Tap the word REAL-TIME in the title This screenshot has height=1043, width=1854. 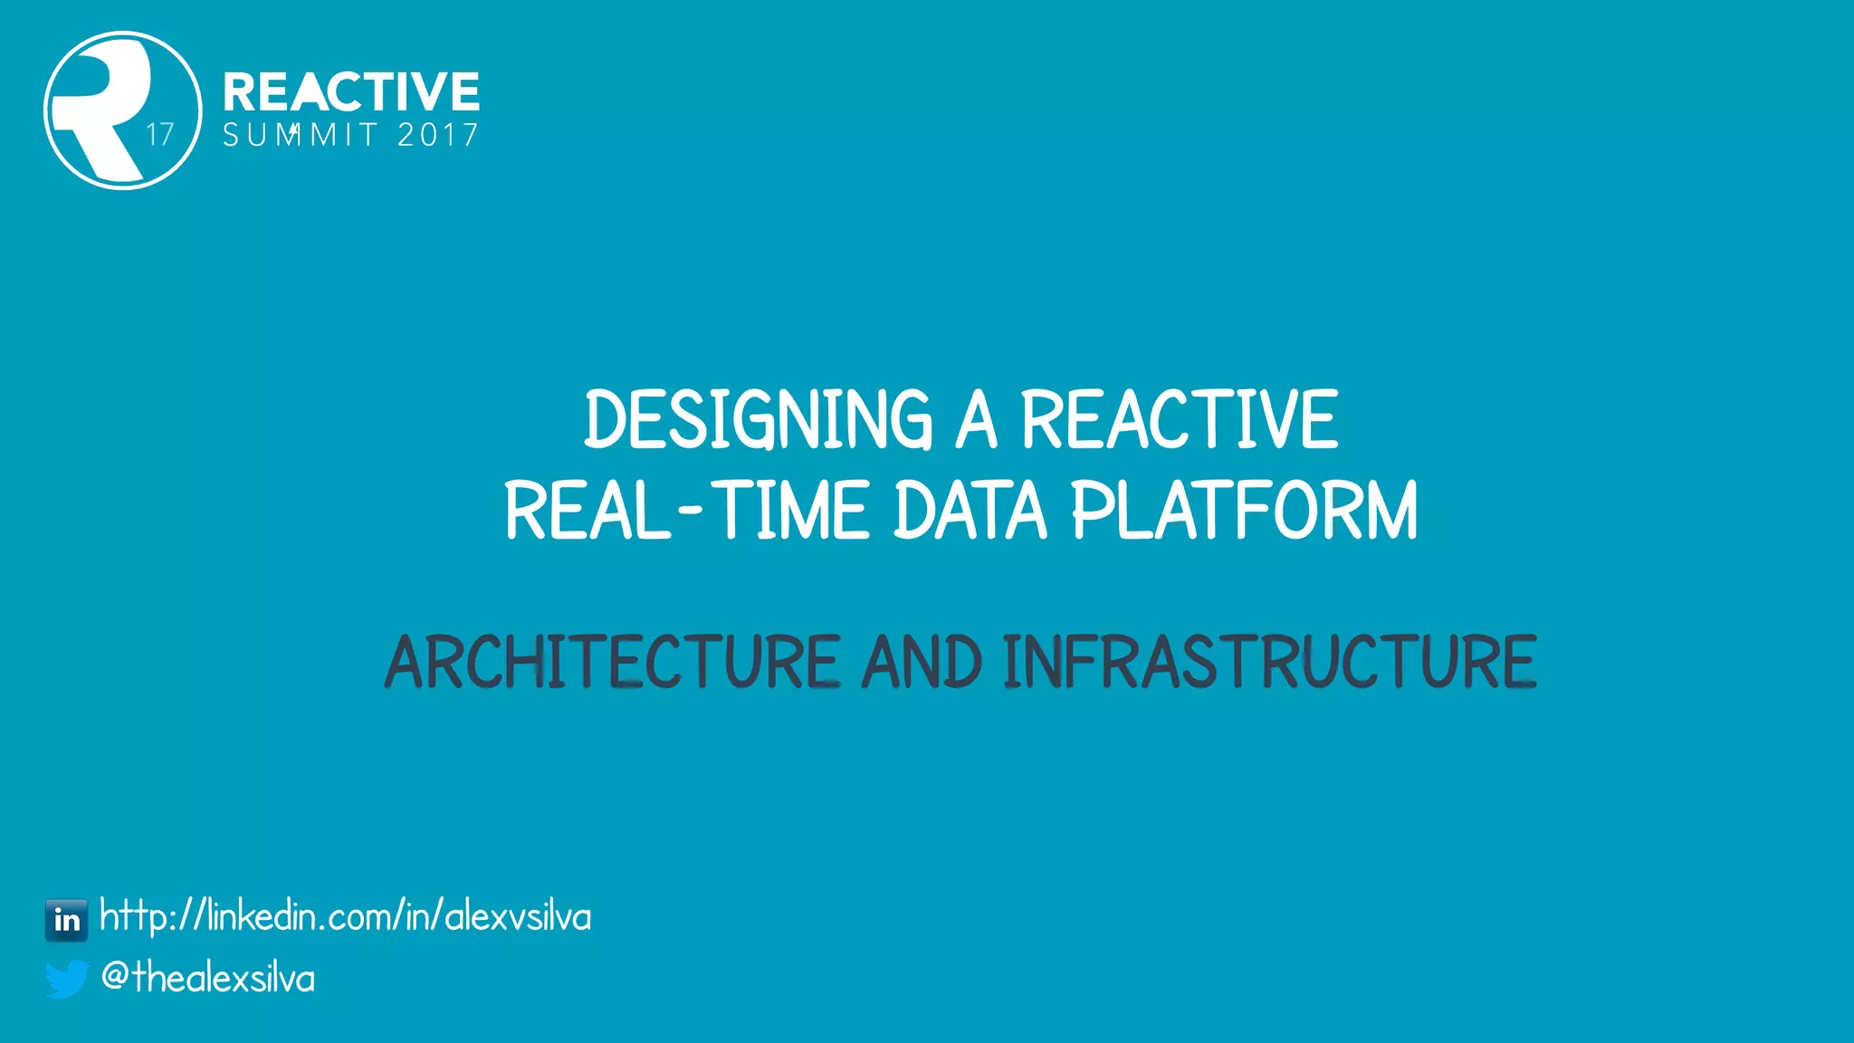686,511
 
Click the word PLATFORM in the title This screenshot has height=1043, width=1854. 1244,511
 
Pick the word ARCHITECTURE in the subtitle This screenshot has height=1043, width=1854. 613,662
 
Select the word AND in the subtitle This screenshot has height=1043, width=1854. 922,662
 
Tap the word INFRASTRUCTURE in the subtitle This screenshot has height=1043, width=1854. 1270,662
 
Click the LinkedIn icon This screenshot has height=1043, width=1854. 67,920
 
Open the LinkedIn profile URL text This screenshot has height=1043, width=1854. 345,917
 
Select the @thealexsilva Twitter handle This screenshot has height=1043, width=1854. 208,979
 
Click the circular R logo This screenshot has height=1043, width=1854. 122,110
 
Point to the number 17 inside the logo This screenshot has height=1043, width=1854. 160,135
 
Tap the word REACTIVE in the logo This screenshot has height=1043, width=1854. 351,91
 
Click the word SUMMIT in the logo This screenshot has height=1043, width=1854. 300,136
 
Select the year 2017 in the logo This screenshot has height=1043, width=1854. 438,136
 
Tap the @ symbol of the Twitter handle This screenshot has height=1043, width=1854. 115,976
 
